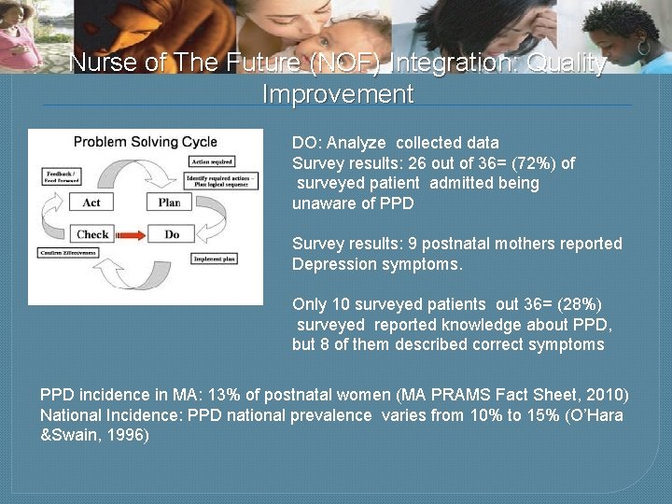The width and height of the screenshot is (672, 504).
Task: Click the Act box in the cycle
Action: pos(91,203)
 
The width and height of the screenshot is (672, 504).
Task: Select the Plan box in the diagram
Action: pos(170,203)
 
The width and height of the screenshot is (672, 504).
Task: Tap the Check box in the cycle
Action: pos(92,234)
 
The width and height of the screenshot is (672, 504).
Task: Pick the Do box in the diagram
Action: pos(172,234)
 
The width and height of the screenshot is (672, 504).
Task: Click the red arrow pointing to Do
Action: pos(132,235)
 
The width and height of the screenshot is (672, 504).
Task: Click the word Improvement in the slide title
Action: pos(337,94)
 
